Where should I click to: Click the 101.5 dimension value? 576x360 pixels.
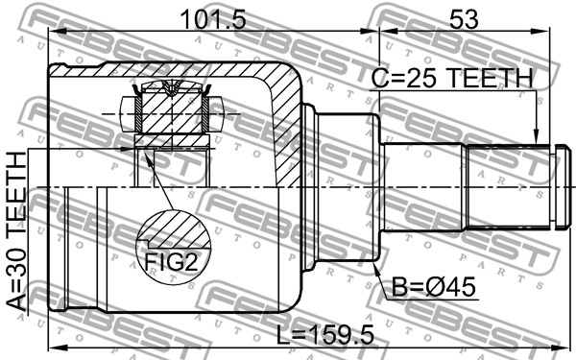[213, 19]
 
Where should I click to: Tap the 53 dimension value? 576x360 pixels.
[464, 19]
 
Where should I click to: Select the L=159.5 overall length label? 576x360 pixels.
[325, 335]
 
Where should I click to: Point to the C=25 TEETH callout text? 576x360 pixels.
[451, 78]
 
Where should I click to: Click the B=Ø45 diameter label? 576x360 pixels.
[434, 286]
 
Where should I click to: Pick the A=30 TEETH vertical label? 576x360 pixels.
[16, 231]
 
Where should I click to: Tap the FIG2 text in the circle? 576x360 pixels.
[171, 261]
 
